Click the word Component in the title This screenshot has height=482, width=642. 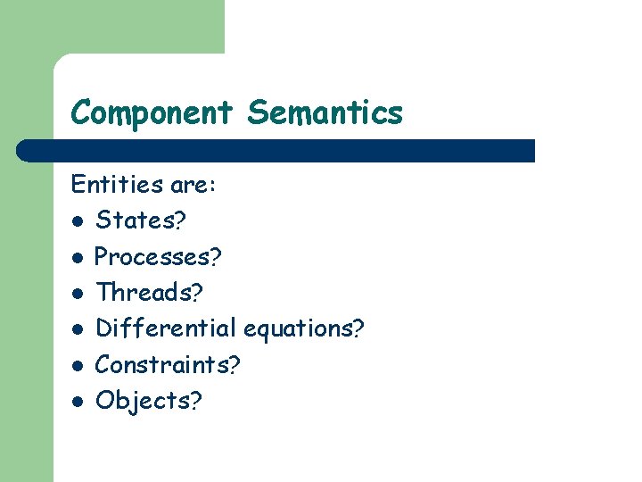pos(152,113)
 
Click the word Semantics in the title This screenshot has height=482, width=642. pos(325,113)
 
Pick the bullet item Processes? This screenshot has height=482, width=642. pos(159,257)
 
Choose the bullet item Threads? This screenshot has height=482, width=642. pos(149,293)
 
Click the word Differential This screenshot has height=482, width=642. pos(166,328)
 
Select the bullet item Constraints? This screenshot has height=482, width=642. pos(168,365)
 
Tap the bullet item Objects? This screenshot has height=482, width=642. pos(148,402)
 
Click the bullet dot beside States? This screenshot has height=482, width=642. pos(78,221)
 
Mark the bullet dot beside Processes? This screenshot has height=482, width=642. pos(78,258)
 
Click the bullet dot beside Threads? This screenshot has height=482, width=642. pos(78,294)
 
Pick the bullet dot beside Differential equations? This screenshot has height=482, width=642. pos(78,329)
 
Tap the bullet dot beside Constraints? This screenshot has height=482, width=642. pos(78,366)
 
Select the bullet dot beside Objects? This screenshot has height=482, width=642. pos(78,402)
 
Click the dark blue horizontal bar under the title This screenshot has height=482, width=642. pos(276,151)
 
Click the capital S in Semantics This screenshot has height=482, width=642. pos(258,113)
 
